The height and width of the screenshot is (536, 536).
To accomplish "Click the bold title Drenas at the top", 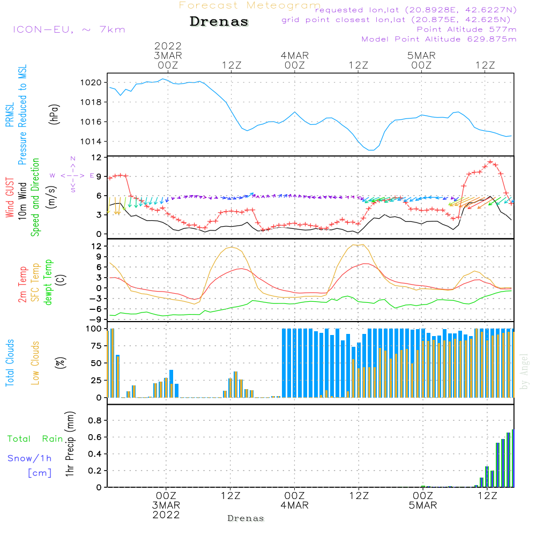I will (219, 22).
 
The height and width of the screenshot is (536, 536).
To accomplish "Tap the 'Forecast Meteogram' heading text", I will (250, 5).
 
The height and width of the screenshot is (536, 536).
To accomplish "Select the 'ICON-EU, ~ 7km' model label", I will (69, 29).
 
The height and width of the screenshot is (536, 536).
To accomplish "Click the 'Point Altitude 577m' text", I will (466, 29).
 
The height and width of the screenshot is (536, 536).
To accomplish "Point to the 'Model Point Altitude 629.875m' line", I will (439, 39).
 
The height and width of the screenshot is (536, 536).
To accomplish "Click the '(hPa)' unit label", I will (54, 114).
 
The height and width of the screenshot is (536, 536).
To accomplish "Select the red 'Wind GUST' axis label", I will (10, 198).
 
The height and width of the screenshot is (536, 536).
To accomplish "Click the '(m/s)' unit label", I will (54, 197).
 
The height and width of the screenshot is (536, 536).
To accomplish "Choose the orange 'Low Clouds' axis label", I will (35, 362).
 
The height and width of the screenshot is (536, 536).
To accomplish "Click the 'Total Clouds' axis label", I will (10, 363).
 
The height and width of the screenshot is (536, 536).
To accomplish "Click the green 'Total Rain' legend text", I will (35, 439).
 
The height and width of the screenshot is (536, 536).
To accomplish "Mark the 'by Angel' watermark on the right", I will (524, 371).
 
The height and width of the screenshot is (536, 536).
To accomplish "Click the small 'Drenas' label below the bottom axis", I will (246, 518).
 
